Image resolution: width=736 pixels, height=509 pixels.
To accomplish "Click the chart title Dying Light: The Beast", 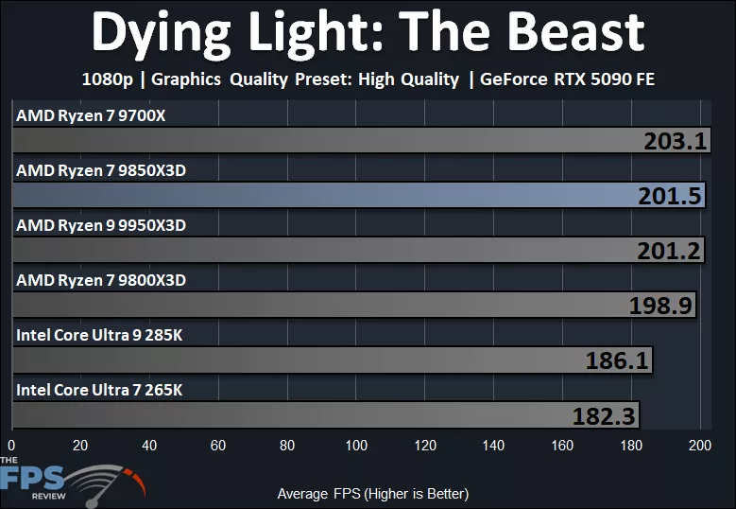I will [x=368, y=33].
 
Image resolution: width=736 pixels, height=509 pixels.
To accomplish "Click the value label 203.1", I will [x=676, y=141].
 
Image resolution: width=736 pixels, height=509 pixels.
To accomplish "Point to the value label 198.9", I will [x=661, y=306].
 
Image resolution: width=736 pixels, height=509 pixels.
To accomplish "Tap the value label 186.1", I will [x=618, y=360].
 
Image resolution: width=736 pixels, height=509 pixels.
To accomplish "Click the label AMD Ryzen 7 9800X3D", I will [x=101, y=280].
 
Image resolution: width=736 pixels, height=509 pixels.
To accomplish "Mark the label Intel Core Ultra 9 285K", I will [x=99, y=335].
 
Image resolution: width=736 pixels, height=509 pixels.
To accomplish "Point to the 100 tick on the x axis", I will [x=356, y=445].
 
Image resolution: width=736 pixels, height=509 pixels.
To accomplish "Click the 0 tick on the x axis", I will [x=11, y=445].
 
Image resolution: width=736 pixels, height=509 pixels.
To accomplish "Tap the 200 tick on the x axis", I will [x=700, y=445].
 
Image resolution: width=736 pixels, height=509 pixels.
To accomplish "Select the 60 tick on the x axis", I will [x=218, y=445].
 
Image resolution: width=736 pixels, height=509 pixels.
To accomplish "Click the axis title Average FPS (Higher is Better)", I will [x=372, y=494].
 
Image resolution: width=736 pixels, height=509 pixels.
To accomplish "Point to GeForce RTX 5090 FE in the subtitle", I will [x=567, y=79].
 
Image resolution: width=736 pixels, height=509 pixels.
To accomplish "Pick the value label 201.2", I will [x=670, y=251].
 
